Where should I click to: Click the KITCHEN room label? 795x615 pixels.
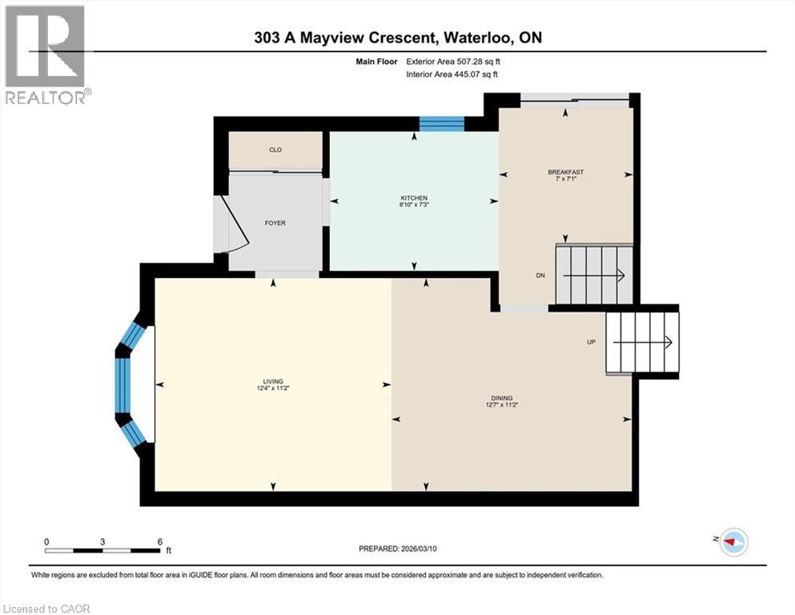tap(414, 198)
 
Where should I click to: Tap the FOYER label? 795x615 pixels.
tap(275, 223)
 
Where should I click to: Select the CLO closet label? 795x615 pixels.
tap(275, 150)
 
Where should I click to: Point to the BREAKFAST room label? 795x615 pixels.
tap(565, 172)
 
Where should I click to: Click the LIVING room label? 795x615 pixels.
tap(273, 381)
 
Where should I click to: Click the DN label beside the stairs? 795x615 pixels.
tap(540, 275)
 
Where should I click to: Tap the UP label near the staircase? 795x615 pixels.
tap(590, 342)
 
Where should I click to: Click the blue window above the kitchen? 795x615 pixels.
tap(442, 123)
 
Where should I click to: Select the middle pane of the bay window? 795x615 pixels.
tap(122, 384)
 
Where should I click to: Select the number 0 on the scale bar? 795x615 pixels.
tap(47, 541)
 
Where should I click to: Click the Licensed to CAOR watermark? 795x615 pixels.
tap(46, 609)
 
